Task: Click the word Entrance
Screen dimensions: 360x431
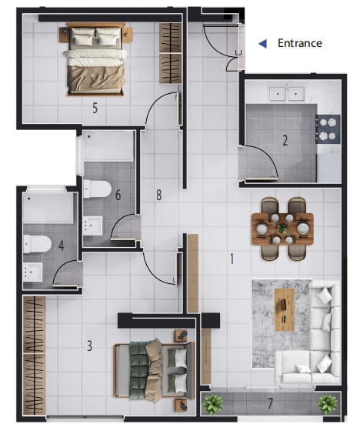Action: point(300,43)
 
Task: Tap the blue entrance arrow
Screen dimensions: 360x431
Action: point(263,43)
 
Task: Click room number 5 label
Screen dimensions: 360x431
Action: point(95,108)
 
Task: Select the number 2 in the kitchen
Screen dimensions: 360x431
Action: point(285,140)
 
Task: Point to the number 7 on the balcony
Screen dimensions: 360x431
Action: point(271,403)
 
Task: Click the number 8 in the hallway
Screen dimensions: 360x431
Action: point(158,195)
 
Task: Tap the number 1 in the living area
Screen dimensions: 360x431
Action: point(232,259)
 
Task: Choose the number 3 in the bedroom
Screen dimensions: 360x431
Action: point(89,346)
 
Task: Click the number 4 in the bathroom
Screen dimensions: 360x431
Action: point(61,246)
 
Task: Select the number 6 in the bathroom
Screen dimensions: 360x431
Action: point(118,195)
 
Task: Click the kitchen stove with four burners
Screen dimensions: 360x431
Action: point(328,129)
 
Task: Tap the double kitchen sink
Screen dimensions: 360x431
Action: point(287,94)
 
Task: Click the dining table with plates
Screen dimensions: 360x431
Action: point(282,229)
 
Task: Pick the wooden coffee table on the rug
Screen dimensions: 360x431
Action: point(285,309)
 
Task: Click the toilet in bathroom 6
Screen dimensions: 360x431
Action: point(97,189)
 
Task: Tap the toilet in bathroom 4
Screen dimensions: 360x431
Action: point(38,244)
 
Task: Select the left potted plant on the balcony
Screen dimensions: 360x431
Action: point(213,404)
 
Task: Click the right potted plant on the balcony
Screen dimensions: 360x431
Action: point(327,404)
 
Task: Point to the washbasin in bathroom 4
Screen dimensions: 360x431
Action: point(33,272)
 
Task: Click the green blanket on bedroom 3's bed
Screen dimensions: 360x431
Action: point(138,369)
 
